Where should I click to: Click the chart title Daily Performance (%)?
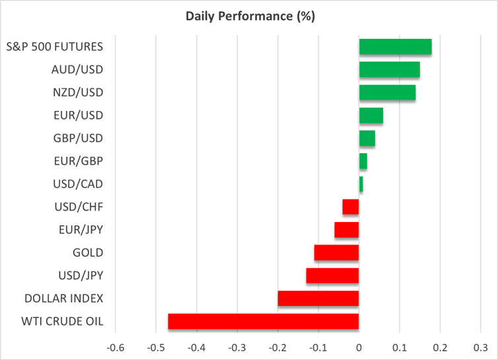[x=248, y=15]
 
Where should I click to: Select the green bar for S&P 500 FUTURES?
[x=395, y=47]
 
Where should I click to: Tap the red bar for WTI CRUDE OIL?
[x=264, y=322]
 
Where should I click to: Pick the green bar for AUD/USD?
[x=389, y=70]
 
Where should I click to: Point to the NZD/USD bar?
[x=387, y=92]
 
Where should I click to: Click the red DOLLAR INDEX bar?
[x=318, y=299]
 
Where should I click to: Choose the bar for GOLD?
[x=336, y=252]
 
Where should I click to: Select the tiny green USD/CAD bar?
[x=361, y=184]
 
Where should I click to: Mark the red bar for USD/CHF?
[x=351, y=207]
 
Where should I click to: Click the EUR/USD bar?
[x=371, y=116]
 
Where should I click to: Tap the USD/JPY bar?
[x=332, y=275]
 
